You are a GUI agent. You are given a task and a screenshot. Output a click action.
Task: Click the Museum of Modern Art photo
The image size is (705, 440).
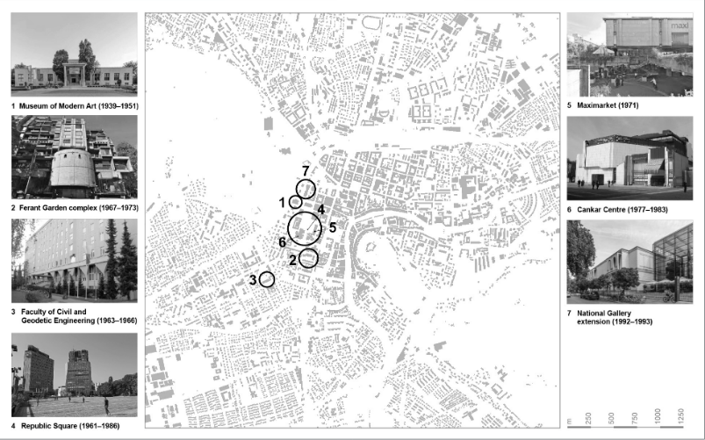(74, 53)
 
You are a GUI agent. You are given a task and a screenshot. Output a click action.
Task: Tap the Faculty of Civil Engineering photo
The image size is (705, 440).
(74, 260)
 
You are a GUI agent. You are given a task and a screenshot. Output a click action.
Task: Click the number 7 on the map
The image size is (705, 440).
(305, 170)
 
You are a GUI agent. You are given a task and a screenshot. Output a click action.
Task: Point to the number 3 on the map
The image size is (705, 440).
(253, 280)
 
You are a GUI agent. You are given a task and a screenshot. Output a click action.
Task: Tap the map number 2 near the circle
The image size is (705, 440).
(291, 260)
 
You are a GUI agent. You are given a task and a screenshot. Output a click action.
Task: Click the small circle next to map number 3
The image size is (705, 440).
(267, 279)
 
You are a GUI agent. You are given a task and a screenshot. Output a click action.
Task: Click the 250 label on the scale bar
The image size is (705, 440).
(587, 417)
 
